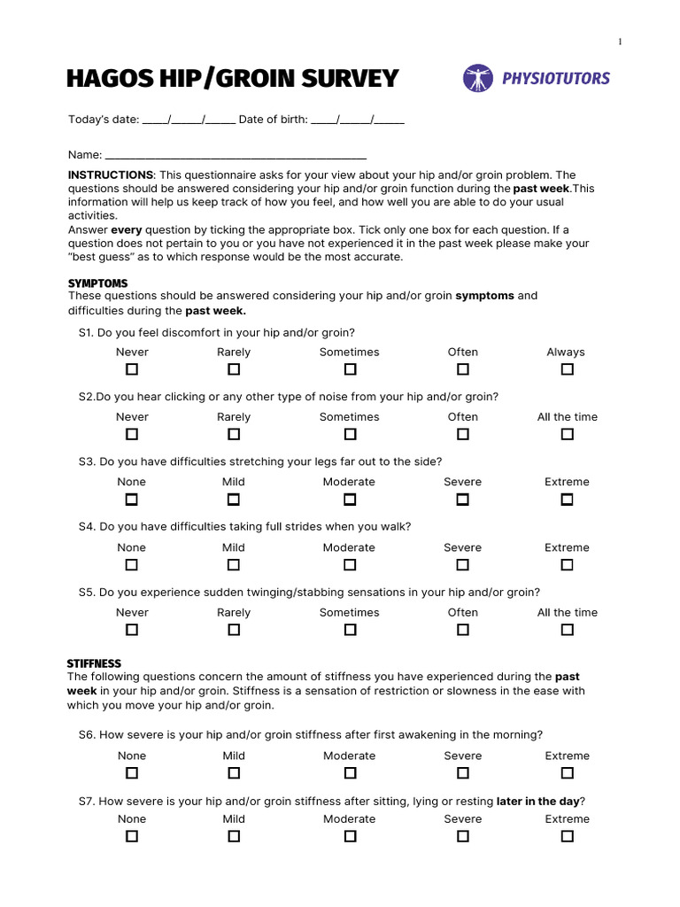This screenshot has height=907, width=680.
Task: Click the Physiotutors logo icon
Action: tap(478, 78)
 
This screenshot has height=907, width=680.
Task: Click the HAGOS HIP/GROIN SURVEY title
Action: tap(233, 79)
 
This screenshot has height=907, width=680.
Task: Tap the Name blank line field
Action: tap(236, 154)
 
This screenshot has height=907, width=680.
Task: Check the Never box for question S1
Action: tap(132, 369)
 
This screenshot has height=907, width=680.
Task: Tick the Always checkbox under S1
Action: tap(567, 369)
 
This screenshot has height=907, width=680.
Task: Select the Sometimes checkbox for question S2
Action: tap(350, 434)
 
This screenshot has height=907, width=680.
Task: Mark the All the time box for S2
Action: tap(567, 434)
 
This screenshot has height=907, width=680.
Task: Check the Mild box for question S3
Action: tap(234, 500)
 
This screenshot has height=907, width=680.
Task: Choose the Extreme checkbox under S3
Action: tap(567, 500)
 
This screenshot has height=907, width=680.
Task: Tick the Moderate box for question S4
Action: tap(350, 564)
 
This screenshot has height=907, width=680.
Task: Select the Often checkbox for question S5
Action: tap(462, 630)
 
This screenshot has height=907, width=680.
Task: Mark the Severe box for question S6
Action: tap(462, 773)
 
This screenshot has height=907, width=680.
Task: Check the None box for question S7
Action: tap(132, 836)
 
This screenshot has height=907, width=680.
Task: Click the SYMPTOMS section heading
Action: tap(97, 283)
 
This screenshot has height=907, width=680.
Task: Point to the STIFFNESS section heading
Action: tap(94, 663)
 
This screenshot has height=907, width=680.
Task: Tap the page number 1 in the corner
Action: tap(620, 42)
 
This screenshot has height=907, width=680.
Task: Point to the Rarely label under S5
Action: tap(234, 612)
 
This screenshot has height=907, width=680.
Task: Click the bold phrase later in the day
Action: tap(537, 802)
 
